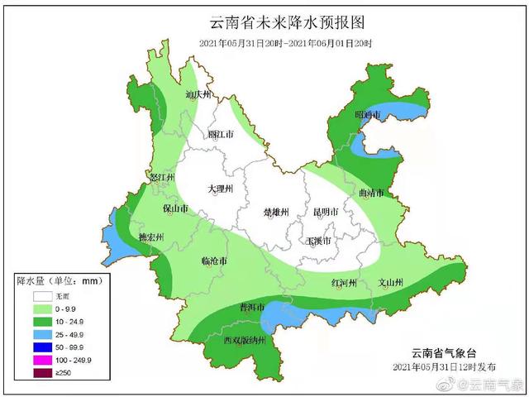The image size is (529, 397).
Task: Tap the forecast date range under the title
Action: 285,42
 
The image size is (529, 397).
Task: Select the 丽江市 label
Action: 221,133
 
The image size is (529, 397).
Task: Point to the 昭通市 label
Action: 367,115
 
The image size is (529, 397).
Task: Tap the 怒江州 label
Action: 162,178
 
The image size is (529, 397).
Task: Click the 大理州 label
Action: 221,189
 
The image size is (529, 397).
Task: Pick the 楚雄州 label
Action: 276,212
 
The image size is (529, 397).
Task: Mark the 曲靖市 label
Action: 373,194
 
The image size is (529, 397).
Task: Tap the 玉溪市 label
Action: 318,241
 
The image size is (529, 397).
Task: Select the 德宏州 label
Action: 150,237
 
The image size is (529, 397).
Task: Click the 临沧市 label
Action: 216,261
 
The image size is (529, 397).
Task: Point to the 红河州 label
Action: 344,284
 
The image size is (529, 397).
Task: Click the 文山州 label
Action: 389,284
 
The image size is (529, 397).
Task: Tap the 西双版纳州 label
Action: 244,340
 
